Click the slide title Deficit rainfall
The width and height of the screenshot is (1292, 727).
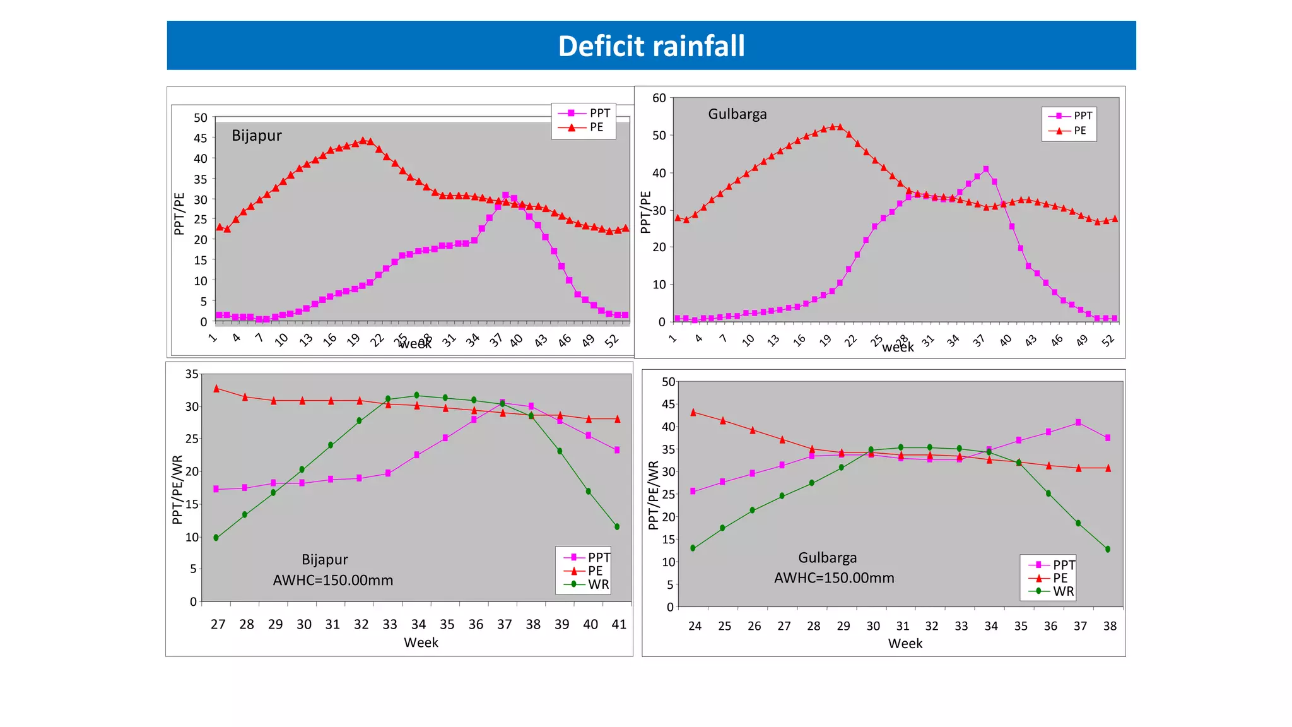pyautogui.click(x=651, y=46)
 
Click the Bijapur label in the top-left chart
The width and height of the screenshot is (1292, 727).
pyautogui.click(x=256, y=136)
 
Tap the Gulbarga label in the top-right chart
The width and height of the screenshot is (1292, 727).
pyautogui.click(x=737, y=114)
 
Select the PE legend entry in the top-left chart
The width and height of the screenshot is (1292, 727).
pyautogui.click(x=596, y=127)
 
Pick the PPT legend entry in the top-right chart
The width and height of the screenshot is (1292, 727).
pyautogui.click(x=1082, y=116)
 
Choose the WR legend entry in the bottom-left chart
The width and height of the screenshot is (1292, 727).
pyautogui.click(x=597, y=584)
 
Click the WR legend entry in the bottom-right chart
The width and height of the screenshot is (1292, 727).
pyautogui.click(x=1062, y=591)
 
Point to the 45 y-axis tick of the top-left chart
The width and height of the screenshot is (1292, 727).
pyautogui.click(x=200, y=138)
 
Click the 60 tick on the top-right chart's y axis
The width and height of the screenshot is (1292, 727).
pyautogui.click(x=659, y=98)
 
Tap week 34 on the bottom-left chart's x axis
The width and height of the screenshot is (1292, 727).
pyautogui.click(x=418, y=624)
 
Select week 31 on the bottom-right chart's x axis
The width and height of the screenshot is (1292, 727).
pyautogui.click(x=903, y=626)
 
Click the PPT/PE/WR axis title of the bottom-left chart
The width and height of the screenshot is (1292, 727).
pyautogui.click(x=177, y=490)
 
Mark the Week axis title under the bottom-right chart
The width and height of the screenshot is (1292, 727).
pyautogui.click(x=905, y=644)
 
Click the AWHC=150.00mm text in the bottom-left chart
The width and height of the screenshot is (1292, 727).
pyautogui.click(x=332, y=581)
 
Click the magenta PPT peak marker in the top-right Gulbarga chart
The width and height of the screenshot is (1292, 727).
pyautogui.click(x=985, y=169)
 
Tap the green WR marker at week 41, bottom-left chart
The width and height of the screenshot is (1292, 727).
pyautogui.click(x=616, y=526)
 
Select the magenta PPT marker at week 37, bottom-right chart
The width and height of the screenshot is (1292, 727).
pyautogui.click(x=1078, y=422)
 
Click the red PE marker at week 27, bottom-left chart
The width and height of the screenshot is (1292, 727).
pyautogui.click(x=216, y=389)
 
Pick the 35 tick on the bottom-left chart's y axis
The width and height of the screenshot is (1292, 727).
pyautogui.click(x=192, y=374)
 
